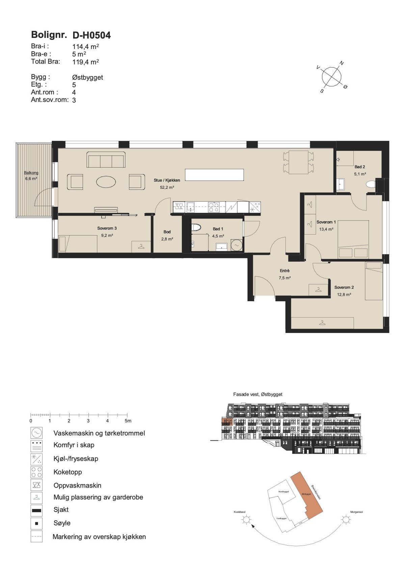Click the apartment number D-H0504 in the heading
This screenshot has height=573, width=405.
tap(91, 35)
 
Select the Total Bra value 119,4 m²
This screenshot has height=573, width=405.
tap(85, 62)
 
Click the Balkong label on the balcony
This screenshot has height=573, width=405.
tap(31, 173)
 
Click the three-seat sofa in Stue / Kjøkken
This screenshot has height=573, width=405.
tap(106, 160)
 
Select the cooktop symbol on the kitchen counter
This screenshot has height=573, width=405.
tap(213, 207)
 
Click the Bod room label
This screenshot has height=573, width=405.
tap(167, 232)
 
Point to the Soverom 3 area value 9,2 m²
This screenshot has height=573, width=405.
tap(107, 235)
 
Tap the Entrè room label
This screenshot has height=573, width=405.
tap(285, 271)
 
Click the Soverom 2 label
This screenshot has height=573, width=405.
tap(344, 287)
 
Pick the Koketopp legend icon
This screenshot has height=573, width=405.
tap(36, 472)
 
